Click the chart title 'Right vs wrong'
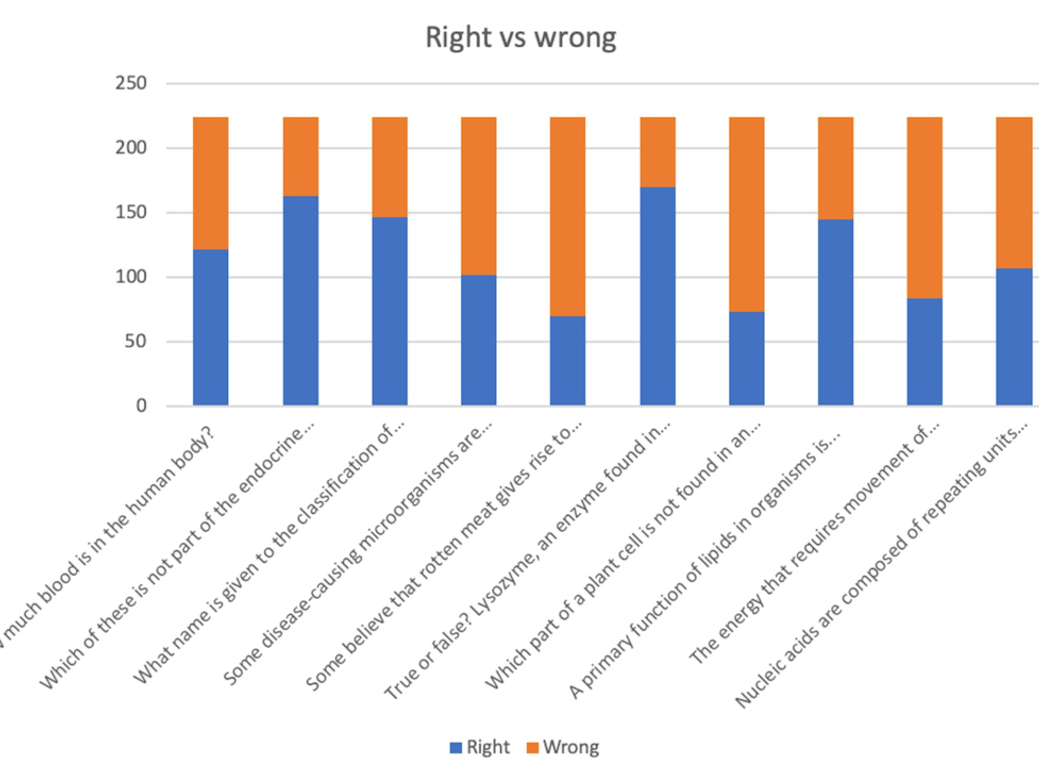[521, 38]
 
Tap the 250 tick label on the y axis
[130, 83]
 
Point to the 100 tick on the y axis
[130, 277]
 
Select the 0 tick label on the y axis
[141, 406]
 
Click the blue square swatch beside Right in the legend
[456, 748]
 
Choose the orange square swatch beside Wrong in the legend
[532, 748]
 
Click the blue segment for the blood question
[211, 327]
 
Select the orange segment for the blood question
[211, 183]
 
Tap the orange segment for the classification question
[390, 167]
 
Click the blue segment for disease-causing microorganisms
[478, 340]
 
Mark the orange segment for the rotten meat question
[568, 216]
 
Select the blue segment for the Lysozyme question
[657, 296]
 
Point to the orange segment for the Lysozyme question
[657, 152]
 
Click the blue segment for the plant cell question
[746, 358]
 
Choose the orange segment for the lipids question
[836, 168]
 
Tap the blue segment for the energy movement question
[924, 351]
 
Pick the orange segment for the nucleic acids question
[1014, 192]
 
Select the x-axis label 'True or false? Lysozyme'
[528, 560]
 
